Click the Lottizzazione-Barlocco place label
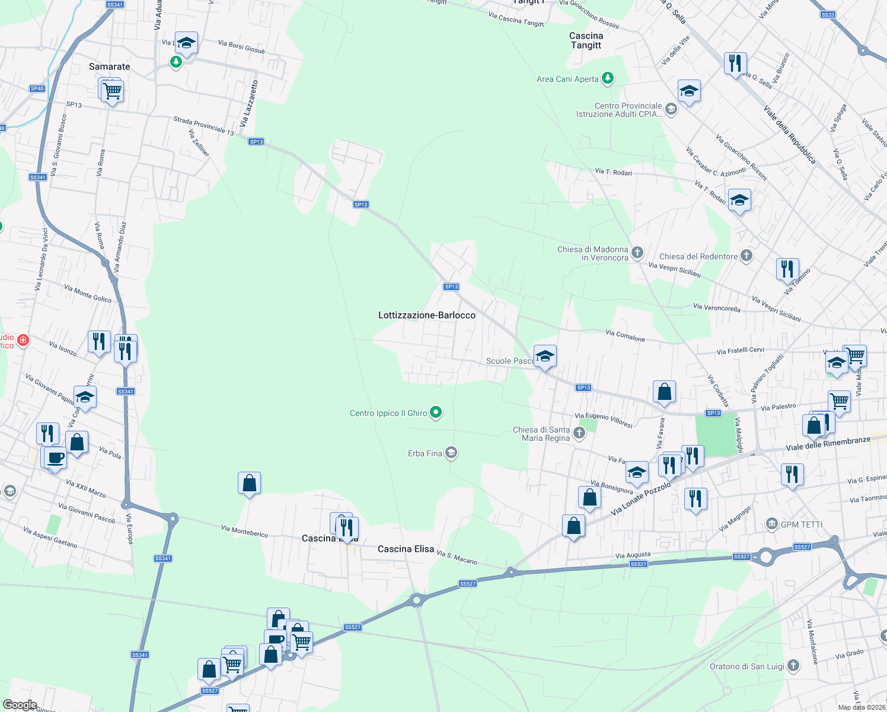click(x=426, y=315)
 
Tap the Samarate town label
click(x=109, y=66)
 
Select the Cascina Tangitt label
click(x=586, y=40)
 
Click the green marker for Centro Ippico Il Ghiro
click(x=436, y=412)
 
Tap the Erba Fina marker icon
click(x=451, y=453)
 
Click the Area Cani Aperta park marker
click(x=607, y=78)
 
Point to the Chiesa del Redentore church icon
click(x=746, y=256)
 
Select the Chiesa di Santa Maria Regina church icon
click(x=579, y=433)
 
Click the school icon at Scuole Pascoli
click(x=544, y=357)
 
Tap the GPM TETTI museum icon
click(x=771, y=523)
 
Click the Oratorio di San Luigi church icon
click(x=793, y=666)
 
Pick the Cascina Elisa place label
click(x=406, y=549)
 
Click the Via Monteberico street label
click(x=244, y=531)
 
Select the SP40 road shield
click(x=37, y=88)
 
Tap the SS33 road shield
click(x=828, y=15)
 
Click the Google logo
click(x=20, y=704)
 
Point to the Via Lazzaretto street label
click(x=249, y=104)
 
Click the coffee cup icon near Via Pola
click(x=55, y=458)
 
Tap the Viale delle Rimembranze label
click(x=828, y=443)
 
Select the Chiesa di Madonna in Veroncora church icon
click(x=637, y=253)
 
